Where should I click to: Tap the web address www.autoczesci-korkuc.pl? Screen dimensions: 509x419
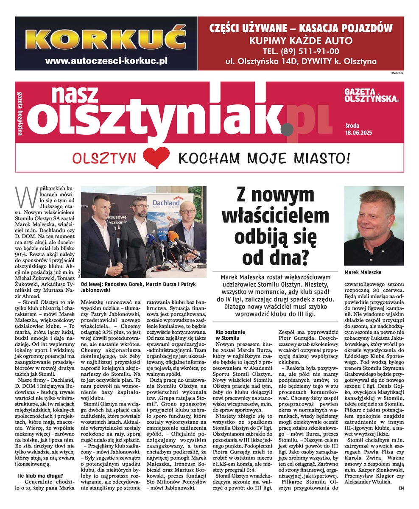tap(106, 61)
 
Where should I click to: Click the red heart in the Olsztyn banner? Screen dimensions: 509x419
tap(156, 158)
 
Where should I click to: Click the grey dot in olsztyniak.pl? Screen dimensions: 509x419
tap(287, 126)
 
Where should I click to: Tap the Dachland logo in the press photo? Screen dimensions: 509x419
tap(166, 203)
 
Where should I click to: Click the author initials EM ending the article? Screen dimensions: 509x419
tap(401, 488)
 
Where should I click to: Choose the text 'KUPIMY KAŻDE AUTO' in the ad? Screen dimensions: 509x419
tap(301, 41)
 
